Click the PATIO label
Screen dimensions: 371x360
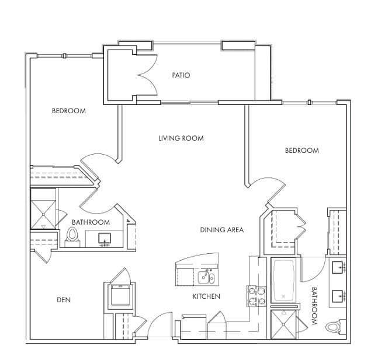coord(181,75)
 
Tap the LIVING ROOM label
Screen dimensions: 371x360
coord(181,138)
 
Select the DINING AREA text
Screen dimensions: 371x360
coord(221,230)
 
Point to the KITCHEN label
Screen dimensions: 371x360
coord(206,296)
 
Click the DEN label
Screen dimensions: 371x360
coord(64,300)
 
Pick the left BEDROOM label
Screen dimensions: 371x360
coord(69,111)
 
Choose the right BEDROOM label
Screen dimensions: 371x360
coord(302,151)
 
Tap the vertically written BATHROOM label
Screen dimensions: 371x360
coord(314,306)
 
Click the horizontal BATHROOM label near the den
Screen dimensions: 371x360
coord(91,222)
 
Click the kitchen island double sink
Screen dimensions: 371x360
coord(206,277)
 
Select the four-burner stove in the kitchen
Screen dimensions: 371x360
coord(256,296)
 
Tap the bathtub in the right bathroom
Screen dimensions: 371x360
coord(283,281)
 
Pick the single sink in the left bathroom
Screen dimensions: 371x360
coord(105,239)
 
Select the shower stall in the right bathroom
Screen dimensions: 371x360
coord(283,324)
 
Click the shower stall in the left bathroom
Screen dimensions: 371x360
coord(44,215)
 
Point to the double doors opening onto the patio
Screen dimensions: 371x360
coord(147,75)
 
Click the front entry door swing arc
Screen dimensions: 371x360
coord(158,318)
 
